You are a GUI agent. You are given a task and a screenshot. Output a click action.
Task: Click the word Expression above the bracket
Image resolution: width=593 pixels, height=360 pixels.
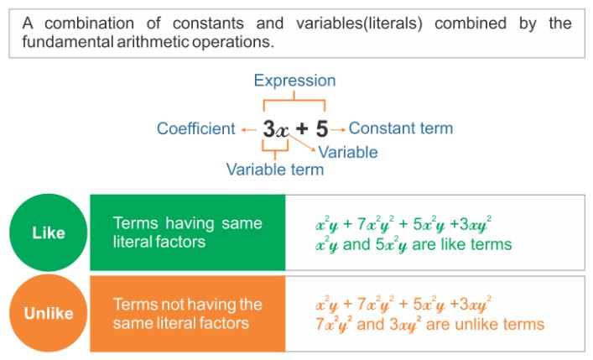coord(294,81)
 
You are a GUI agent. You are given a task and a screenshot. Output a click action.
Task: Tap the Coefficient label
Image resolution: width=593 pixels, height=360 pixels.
coord(196,128)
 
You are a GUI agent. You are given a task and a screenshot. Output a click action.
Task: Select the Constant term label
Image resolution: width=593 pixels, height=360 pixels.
coord(401,128)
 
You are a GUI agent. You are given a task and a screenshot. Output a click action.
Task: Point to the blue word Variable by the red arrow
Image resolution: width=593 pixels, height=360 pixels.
coord(348,152)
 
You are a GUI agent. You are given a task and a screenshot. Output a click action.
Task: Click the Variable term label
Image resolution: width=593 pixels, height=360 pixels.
coord(275,170)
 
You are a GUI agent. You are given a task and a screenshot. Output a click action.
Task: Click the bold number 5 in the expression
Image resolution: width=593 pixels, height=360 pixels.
coord(322,129)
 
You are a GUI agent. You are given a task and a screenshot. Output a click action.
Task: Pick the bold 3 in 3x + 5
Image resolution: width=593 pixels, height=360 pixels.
coord(268,129)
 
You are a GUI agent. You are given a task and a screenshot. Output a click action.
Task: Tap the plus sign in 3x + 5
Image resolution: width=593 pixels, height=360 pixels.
coord(301,129)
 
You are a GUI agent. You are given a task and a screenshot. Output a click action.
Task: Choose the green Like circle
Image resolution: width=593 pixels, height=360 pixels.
coord(49,232)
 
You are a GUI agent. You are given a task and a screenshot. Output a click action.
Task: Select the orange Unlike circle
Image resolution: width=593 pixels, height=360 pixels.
coord(49,314)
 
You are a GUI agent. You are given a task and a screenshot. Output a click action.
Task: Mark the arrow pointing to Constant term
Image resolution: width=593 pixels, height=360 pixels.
coord(338,129)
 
